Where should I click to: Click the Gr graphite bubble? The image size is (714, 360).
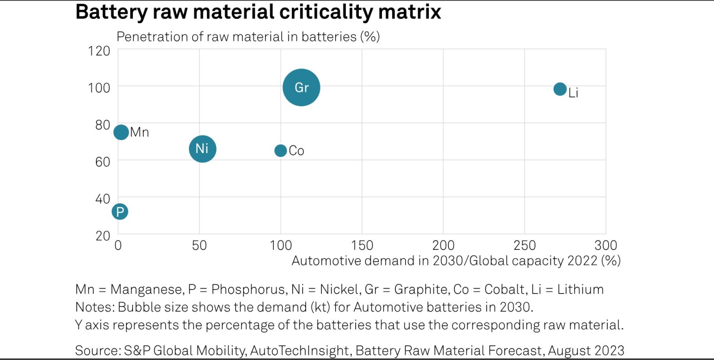[x=301, y=87]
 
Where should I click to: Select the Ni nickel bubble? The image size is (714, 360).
[x=202, y=149]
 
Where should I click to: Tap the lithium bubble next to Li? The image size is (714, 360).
[x=560, y=89]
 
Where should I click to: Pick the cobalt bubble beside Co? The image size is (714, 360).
[x=280, y=151]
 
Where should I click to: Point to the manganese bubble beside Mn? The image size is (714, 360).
[x=121, y=132]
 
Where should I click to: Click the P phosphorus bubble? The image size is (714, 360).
[x=120, y=211]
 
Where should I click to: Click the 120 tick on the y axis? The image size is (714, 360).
[x=99, y=51]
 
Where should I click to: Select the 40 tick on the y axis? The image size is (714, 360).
[x=103, y=199]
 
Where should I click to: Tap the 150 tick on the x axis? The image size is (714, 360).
[x=362, y=245]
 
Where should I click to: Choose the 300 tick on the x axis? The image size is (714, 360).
[x=606, y=245]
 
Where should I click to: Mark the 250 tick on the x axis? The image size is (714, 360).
[x=524, y=245]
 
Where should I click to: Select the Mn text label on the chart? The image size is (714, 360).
[x=140, y=132]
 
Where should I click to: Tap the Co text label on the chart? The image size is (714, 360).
[x=296, y=151]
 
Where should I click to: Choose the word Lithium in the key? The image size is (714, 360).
[x=580, y=290]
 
